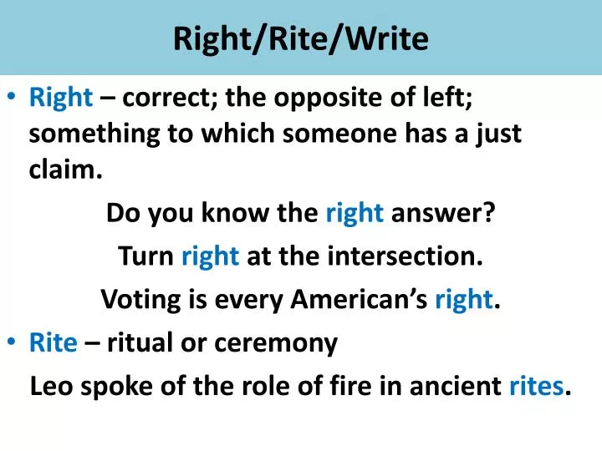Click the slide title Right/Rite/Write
[x=300, y=38]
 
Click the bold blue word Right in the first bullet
[x=61, y=99]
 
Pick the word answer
[x=442, y=215]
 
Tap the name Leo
[x=50, y=387]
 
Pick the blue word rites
[x=537, y=387]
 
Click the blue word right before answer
[x=355, y=215]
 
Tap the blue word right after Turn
[x=211, y=256]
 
